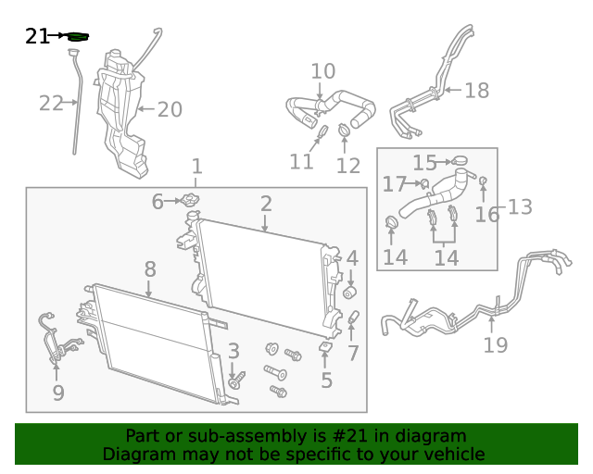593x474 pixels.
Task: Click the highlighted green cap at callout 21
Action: [78, 37]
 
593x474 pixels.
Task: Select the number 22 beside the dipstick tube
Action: [51, 103]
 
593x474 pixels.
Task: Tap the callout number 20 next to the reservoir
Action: [170, 109]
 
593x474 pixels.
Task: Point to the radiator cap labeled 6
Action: [190, 200]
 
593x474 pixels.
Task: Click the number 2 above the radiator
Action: [266, 204]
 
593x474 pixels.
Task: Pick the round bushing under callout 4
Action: [350, 293]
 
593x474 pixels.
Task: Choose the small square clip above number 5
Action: [325, 347]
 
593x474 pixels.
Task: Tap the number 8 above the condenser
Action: [150, 269]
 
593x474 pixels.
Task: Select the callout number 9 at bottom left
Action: [58, 393]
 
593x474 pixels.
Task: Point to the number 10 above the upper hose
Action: [323, 71]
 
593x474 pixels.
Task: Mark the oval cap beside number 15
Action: [460, 161]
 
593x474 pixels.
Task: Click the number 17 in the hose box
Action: [395, 184]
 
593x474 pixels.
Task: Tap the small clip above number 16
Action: [483, 181]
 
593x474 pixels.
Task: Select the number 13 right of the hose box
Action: [520, 207]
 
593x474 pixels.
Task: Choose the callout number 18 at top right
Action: [477, 91]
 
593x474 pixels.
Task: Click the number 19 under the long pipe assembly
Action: [496, 345]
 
